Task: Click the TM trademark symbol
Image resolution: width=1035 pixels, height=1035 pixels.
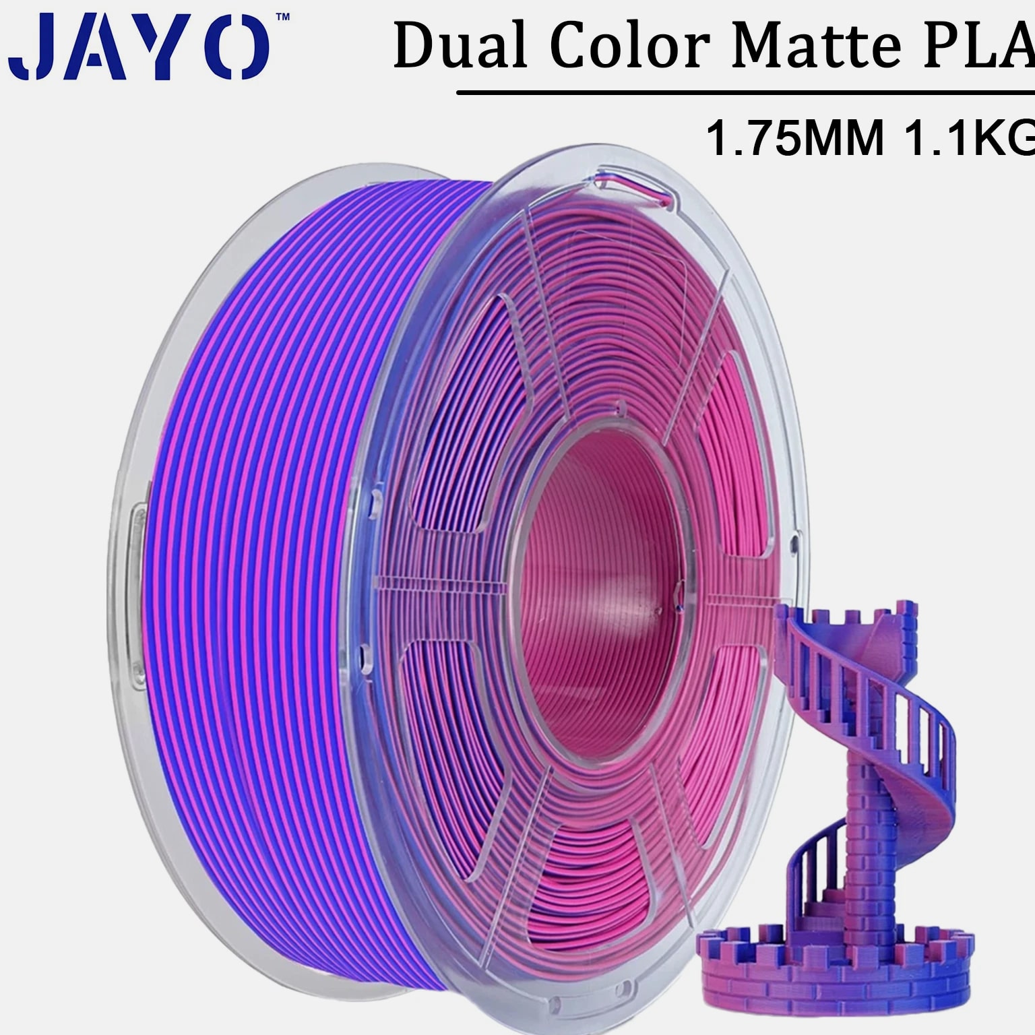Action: coord(283,15)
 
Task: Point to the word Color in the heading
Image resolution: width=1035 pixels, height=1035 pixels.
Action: coord(630,45)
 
